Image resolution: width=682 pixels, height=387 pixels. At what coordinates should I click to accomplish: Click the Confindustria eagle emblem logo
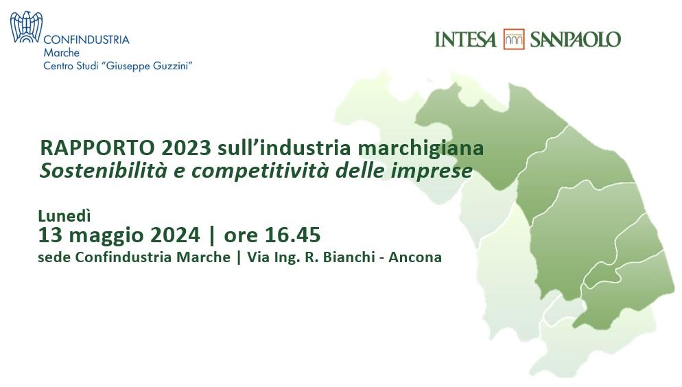tap(26, 27)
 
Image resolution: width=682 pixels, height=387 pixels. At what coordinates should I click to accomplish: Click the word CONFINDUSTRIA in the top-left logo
tap(86, 40)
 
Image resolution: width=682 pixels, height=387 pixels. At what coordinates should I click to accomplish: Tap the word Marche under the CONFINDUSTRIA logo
tap(61, 53)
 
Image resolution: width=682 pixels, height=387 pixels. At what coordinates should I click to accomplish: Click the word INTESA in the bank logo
tap(465, 40)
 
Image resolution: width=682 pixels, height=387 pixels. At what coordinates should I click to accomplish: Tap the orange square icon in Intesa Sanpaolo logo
tap(514, 39)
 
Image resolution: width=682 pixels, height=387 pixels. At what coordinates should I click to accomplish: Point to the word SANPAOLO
tap(576, 40)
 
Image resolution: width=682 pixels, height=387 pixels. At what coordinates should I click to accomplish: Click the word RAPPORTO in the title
tap(97, 148)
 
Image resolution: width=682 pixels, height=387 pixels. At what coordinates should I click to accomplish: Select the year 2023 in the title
tap(186, 148)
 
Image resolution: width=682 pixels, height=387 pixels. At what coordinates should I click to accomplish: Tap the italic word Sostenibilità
tap(104, 170)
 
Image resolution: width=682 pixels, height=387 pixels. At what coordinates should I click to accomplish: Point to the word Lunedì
tap(64, 215)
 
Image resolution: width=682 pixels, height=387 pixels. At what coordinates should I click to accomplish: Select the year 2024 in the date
tap(175, 235)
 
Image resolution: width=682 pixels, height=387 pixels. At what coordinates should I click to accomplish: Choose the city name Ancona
tap(415, 257)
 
